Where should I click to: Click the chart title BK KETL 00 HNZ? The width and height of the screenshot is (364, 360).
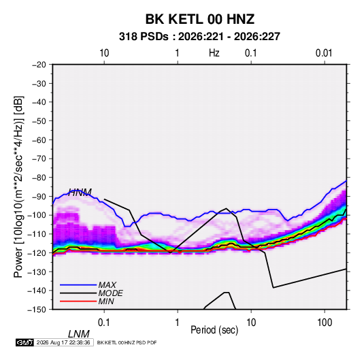pos(200,19)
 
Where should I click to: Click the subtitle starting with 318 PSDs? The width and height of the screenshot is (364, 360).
pos(199,37)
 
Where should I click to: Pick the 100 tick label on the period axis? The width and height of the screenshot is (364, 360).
pos(325,323)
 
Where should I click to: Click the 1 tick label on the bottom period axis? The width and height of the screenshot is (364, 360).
pos(177,323)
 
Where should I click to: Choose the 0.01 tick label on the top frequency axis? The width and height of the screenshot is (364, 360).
pos(324,53)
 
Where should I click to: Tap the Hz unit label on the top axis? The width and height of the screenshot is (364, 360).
pos(214,53)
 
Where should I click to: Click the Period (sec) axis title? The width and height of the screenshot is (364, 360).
pos(214,330)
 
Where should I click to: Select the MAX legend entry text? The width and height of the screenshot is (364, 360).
pos(107,284)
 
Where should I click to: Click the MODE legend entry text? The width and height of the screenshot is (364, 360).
pos(110,293)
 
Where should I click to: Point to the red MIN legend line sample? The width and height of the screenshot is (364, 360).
pos(78,301)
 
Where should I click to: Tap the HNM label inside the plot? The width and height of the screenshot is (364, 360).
pos(80,193)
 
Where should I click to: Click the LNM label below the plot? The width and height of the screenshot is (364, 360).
pos(79,334)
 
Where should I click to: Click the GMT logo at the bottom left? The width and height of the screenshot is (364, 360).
pos(24,342)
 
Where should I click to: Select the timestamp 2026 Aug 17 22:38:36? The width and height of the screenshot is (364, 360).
pos(63,342)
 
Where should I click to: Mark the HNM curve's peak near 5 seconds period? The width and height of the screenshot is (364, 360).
pos(226,208)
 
